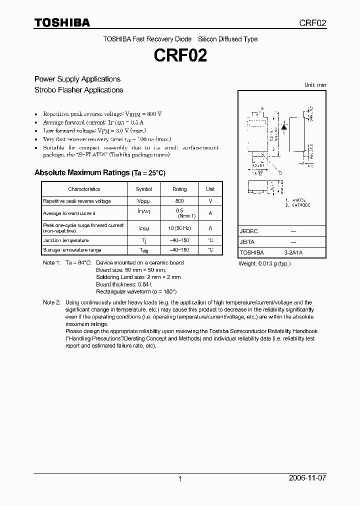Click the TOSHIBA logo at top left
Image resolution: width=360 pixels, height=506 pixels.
click(62, 22)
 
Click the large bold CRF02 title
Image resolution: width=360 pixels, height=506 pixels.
click(180, 55)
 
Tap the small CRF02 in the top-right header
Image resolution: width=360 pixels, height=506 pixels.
click(313, 23)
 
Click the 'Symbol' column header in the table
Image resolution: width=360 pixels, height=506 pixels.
click(143, 189)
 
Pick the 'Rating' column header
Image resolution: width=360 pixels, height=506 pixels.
click(179, 189)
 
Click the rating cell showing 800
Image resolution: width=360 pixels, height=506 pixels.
click(179, 201)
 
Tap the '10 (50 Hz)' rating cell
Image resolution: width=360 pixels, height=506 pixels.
click(179, 228)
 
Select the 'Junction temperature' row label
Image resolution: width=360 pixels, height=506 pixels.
click(65, 240)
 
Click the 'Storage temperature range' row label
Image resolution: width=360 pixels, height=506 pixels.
click(72, 249)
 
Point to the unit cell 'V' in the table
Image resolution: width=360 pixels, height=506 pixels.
click(210, 201)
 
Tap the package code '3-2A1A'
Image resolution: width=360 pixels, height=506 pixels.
click(293, 253)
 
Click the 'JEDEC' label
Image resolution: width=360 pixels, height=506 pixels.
click(249, 231)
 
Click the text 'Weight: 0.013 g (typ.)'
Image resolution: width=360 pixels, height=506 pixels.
click(264, 263)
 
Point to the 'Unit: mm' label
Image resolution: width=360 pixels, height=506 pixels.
click(315, 85)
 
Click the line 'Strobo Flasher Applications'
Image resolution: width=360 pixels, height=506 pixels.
click(78, 90)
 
